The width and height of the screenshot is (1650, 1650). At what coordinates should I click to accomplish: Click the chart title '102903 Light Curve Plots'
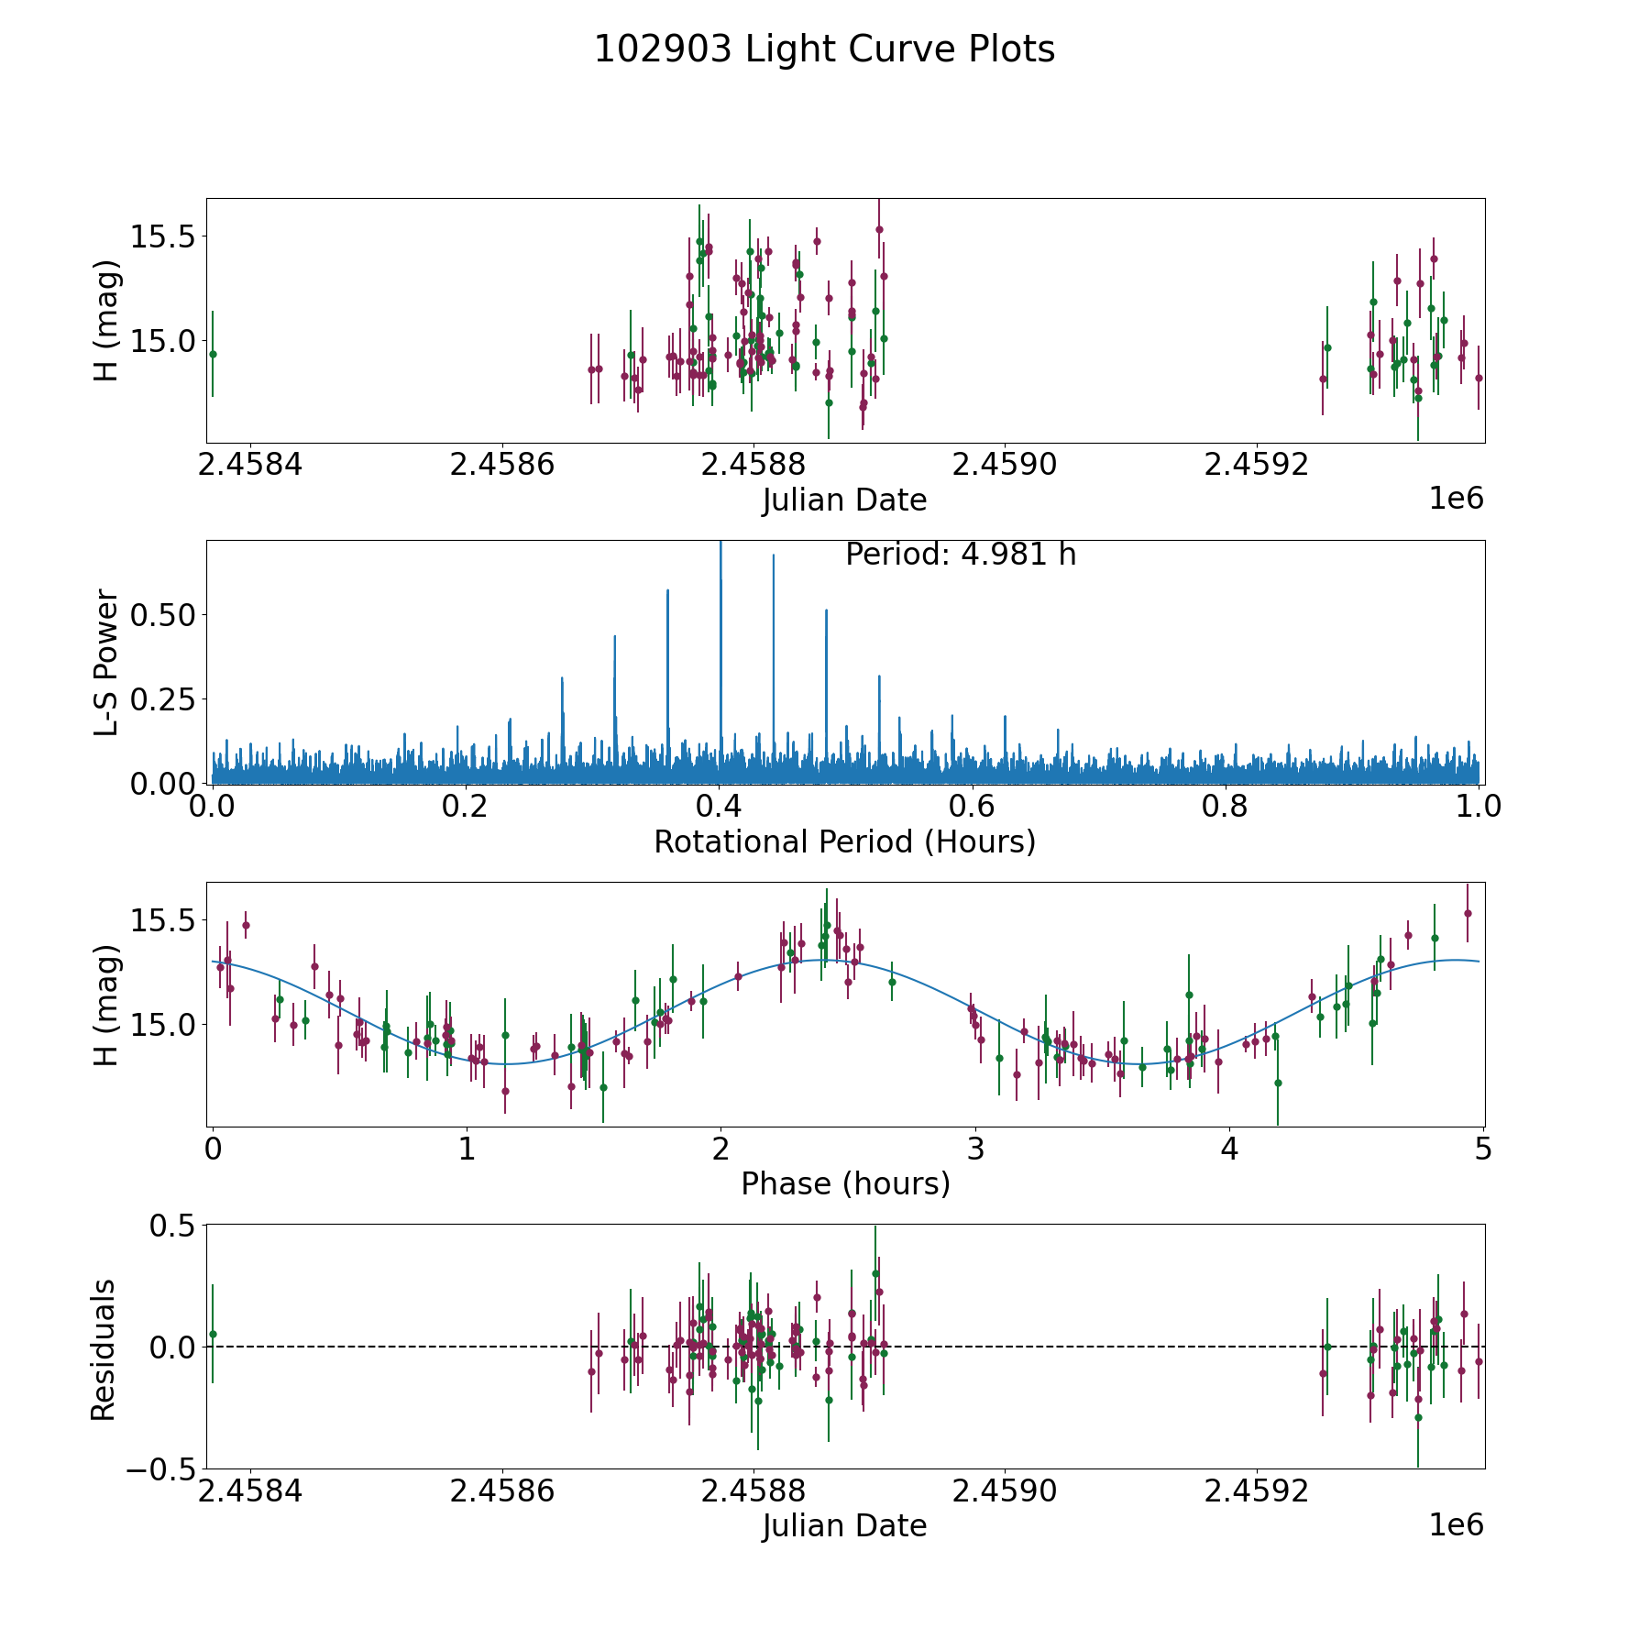tap(824, 49)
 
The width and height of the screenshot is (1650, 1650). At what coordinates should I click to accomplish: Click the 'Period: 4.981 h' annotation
tap(961, 555)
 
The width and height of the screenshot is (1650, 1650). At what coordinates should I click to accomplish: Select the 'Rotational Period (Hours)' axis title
tap(844, 841)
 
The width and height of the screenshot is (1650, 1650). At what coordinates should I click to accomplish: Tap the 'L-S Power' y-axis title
tap(106, 662)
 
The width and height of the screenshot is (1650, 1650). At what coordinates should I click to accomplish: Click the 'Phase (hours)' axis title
tap(845, 1183)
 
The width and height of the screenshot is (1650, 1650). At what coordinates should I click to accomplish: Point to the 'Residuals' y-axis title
tap(104, 1349)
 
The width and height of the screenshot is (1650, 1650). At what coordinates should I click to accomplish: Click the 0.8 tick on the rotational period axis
tap(1226, 807)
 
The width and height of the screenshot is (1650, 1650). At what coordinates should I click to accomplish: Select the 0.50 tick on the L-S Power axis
tap(162, 614)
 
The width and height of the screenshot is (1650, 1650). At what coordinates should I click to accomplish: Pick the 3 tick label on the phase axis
tap(975, 1149)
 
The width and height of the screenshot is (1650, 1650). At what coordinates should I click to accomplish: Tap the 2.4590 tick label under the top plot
tap(1005, 465)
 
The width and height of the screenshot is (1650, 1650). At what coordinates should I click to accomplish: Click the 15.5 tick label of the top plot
tap(162, 236)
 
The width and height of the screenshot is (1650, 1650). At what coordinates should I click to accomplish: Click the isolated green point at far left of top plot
tap(213, 354)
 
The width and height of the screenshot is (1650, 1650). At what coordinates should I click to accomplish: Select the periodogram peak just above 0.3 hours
tap(614, 637)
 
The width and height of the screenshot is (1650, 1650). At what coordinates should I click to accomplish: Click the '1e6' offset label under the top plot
tap(1456, 499)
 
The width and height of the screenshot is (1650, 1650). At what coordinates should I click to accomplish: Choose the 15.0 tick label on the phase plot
tap(162, 1024)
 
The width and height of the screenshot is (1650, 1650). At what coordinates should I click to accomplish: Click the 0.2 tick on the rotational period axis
tap(466, 807)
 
